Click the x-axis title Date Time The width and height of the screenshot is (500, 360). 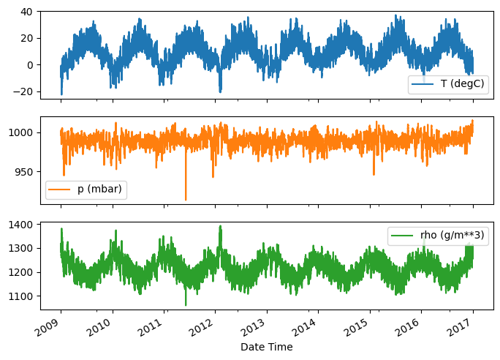coord(266,347)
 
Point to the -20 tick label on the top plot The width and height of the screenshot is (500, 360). coord(23,91)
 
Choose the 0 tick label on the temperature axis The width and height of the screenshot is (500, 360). coord(31,64)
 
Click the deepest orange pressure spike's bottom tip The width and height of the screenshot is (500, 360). coord(186,200)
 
